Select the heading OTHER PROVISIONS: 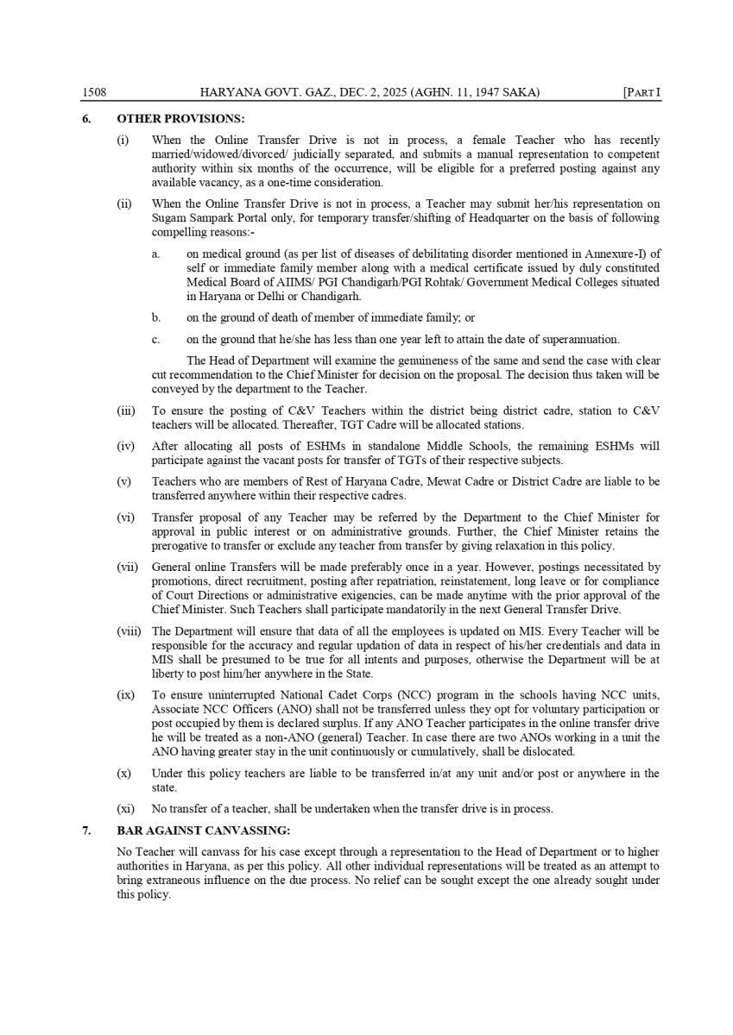coord(180,118)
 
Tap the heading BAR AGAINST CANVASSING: coord(204,831)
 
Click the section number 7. coord(86,831)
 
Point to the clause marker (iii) coord(126,411)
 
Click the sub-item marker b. coord(156,317)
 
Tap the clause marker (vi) coord(126,517)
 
